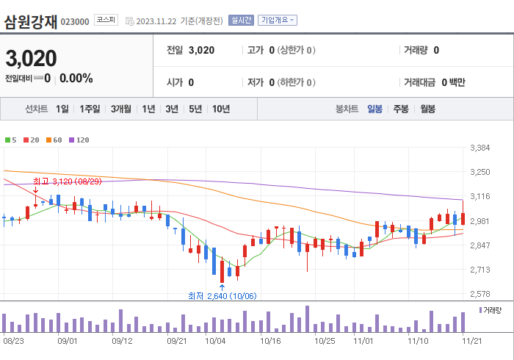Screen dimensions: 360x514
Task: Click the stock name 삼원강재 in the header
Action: pyautogui.click(x=31, y=21)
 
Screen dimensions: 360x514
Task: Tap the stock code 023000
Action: pyautogui.click(x=75, y=22)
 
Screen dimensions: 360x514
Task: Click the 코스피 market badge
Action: pyautogui.click(x=106, y=20)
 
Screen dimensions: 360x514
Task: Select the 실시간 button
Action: pyautogui.click(x=241, y=20)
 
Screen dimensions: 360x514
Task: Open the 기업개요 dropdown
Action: pyautogui.click(x=278, y=20)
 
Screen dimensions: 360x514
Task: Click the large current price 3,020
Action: pyautogui.click(x=32, y=58)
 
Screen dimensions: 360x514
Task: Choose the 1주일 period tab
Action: pyautogui.click(x=90, y=109)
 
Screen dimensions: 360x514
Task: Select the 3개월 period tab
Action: pyautogui.click(x=121, y=109)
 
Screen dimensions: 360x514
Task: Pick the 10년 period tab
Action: pyautogui.click(x=220, y=109)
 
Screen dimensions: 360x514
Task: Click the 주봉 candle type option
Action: pyautogui.click(x=400, y=109)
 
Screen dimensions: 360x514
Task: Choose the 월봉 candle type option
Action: pyautogui.click(x=427, y=109)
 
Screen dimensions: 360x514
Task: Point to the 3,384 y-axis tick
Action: pyautogui.click(x=479, y=148)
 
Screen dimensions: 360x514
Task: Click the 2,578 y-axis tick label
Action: pyautogui.click(x=479, y=294)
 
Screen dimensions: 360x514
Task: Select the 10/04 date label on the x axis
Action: pyautogui.click(x=215, y=341)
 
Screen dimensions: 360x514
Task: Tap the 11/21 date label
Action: pyautogui.click(x=470, y=341)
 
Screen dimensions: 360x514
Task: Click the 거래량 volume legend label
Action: pyautogui.click(x=491, y=311)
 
